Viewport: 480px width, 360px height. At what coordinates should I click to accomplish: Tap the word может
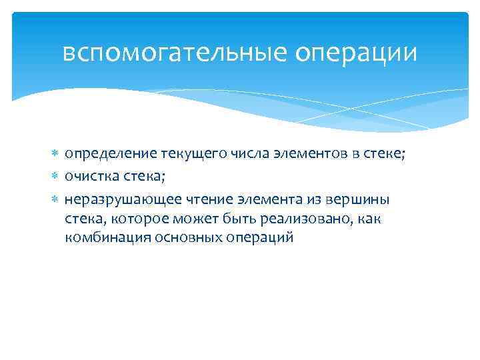(x=201, y=219)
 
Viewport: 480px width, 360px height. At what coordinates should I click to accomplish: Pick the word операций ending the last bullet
(x=257, y=238)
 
